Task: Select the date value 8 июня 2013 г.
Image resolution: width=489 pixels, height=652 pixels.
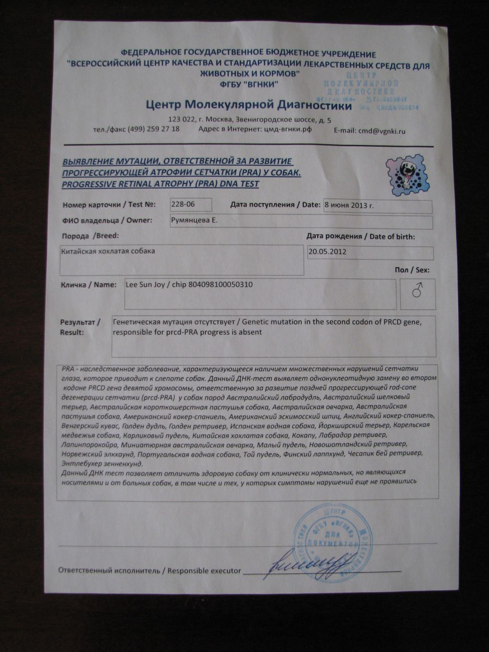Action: (349, 206)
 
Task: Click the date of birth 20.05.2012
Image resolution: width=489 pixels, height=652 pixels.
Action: (328, 251)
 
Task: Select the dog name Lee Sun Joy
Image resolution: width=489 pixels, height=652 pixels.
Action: (145, 285)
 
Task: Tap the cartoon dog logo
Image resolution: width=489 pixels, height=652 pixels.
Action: (407, 174)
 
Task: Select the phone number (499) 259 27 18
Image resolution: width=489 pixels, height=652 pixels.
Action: (153, 129)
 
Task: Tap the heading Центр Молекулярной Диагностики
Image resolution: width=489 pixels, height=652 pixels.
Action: (249, 105)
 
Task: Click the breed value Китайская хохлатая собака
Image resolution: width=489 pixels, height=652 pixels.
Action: (108, 251)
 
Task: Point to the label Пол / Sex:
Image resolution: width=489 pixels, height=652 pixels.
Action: (412, 270)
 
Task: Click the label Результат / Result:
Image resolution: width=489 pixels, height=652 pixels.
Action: (80, 327)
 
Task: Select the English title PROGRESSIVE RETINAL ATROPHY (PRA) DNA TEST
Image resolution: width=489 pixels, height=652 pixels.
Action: (161, 184)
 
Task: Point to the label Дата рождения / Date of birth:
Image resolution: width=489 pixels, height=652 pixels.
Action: (361, 236)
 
